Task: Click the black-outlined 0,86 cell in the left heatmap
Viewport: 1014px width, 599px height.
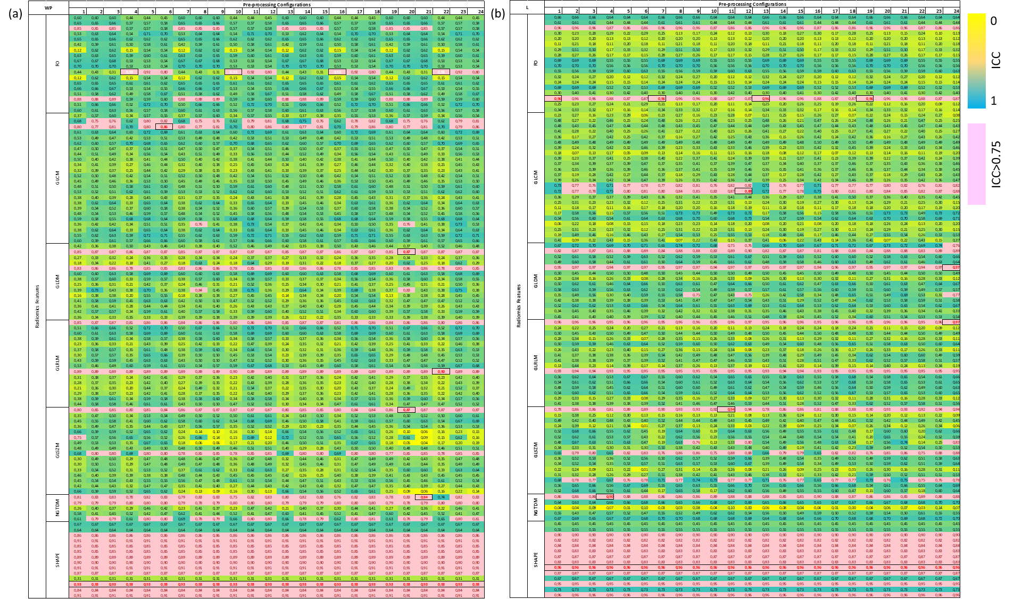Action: tap(164, 127)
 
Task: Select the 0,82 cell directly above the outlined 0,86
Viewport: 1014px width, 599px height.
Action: tap(164, 121)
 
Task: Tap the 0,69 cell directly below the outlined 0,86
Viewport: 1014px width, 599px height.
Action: tap(164, 132)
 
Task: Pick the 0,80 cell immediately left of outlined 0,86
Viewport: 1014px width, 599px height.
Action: tap(147, 127)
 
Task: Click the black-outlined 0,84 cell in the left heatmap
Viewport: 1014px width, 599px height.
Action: tap(424, 497)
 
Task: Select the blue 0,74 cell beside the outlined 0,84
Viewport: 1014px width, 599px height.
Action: tap(441, 497)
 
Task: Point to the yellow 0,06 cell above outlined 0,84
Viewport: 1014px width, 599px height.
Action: tap(424, 492)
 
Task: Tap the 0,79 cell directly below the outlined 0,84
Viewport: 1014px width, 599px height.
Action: tap(424, 503)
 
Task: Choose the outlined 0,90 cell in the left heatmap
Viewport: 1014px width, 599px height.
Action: tap(441, 371)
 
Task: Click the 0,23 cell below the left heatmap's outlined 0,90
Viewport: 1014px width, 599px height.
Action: tap(441, 377)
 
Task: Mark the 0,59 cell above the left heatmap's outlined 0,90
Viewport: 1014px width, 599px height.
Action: tap(441, 366)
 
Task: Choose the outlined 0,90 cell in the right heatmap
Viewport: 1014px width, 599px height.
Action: tap(605, 496)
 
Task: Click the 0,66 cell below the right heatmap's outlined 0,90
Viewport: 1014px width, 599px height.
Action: tap(605, 502)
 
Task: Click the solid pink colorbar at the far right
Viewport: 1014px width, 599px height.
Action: tap(977, 164)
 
